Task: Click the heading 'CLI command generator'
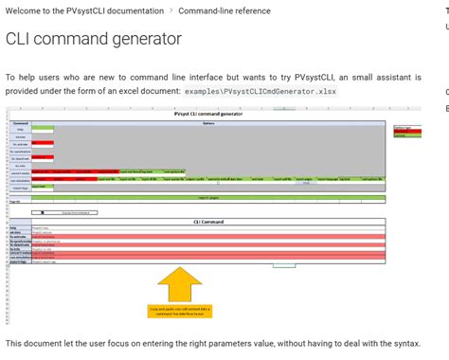[x=93, y=39]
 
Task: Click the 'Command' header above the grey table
[x=21, y=122]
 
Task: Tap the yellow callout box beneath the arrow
[x=180, y=283]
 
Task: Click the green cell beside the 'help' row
[x=42, y=129]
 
